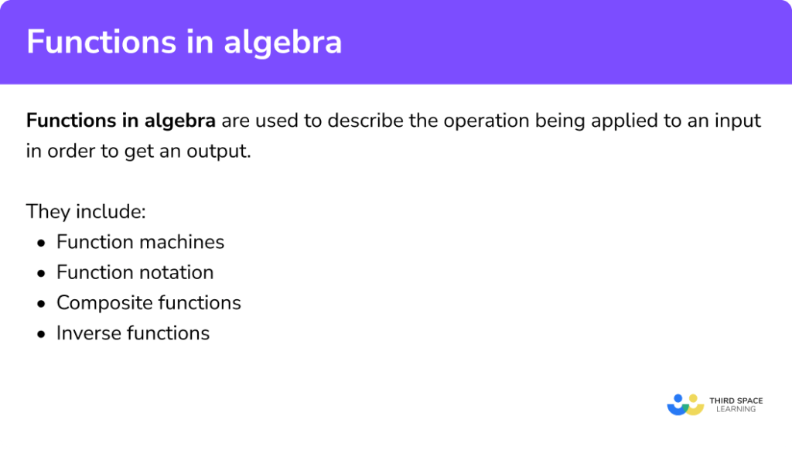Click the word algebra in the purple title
tap(283, 42)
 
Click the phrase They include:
tap(80, 211)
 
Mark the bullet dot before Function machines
tap(41, 243)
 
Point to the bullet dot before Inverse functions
tap(41, 334)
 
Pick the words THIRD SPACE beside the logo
tap(736, 401)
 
